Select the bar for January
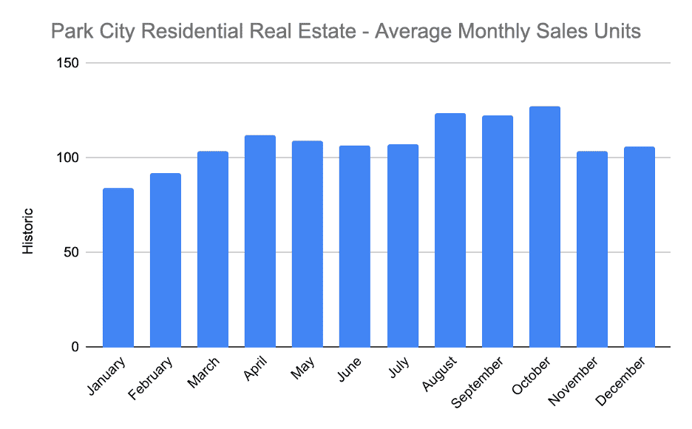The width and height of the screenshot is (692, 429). point(118,268)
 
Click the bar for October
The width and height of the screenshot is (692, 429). point(545,227)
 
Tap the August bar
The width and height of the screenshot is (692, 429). point(450,230)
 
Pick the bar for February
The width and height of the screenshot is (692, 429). point(166,260)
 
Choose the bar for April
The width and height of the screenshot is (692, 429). point(260,241)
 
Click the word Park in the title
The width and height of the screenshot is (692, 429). point(69,33)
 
